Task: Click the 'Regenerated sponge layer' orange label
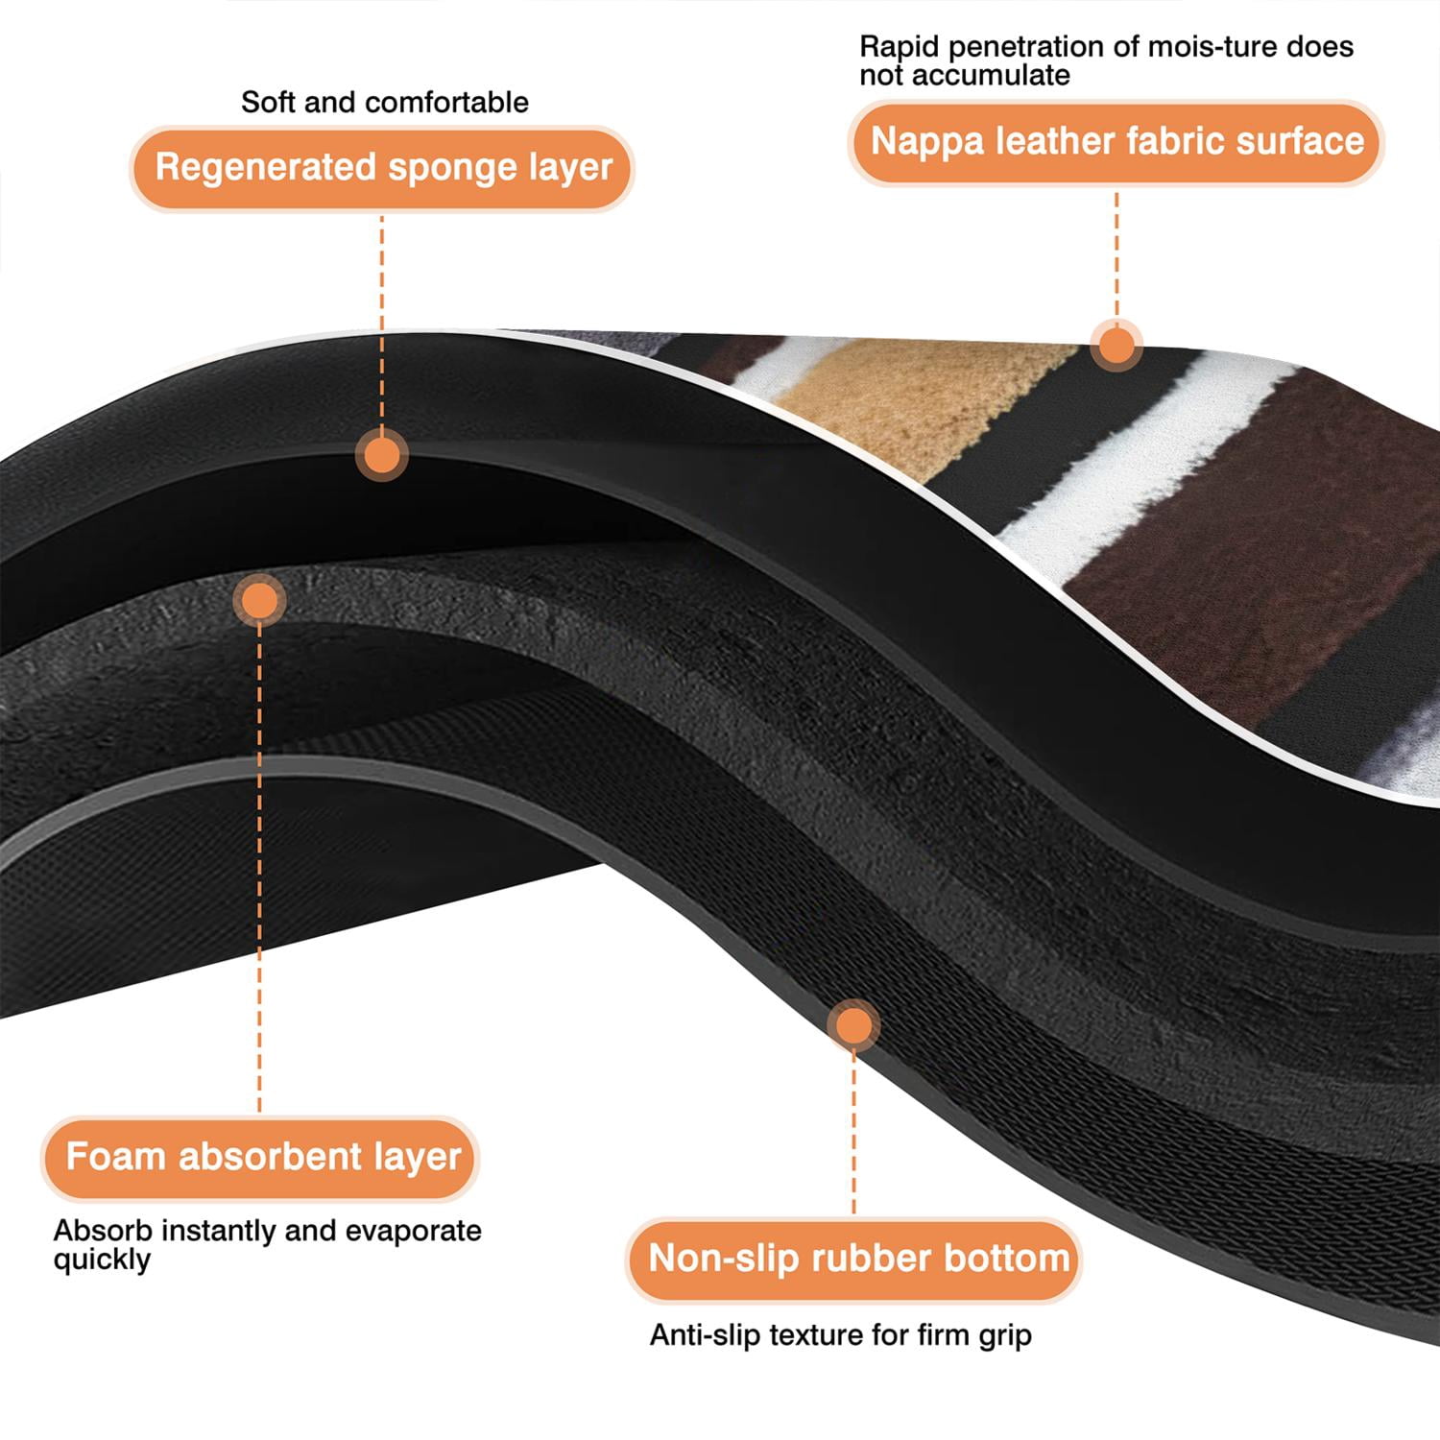pyautogui.click(x=382, y=168)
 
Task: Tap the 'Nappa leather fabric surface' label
pyautogui.click(x=1116, y=142)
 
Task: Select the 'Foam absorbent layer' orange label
pyautogui.click(x=259, y=1158)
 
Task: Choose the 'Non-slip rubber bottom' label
pyautogui.click(x=854, y=1259)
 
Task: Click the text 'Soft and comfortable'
pyautogui.click(x=385, y=102)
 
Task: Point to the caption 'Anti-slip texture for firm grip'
pyautogui.click(x=841, y=1335)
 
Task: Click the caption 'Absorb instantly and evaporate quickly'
pyautogui.click(x=268, y=1245)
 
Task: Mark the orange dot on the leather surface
pyautogui.click(x=1116, y=345)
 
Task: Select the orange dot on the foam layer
pyautogui.click(x=259, y=601)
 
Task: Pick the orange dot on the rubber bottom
pyautogui.click(x=853, y=1025)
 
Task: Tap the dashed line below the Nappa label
pyautogui.click(x=1116, y=253)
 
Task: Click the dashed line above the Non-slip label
pyautogui.click(x=853, y=1134)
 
